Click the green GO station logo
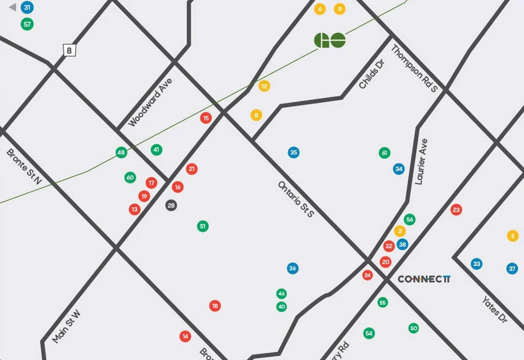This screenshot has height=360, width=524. (330, 40)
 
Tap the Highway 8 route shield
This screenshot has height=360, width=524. (70, 50)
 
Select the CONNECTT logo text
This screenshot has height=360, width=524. (424, 279)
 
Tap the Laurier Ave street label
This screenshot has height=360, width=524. (421, 162)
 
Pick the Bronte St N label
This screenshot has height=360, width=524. (24, 167)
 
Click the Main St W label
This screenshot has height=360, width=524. (67, 326)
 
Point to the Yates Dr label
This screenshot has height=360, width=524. (494, 309)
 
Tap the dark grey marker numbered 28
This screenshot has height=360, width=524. (171, 206)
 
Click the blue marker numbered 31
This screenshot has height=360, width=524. (27, 8)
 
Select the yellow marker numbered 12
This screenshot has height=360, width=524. (264, 86)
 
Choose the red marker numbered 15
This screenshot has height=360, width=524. (206, 118)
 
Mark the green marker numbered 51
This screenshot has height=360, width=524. (203, 226)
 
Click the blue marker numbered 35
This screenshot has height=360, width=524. (293, 152)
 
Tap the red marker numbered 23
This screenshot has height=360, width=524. (456, 209)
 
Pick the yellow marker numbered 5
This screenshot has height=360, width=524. (513, 236)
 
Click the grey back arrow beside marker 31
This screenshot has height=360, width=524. (13, 8)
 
